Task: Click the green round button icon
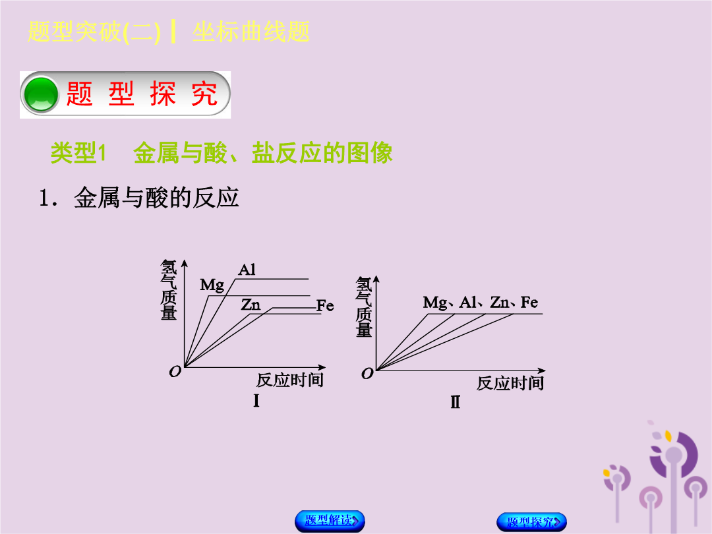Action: (x=41, y=94)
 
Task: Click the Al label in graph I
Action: (x=247, y=270)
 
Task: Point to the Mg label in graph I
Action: (x=212, y=285)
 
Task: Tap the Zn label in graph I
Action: (x=251, y=304)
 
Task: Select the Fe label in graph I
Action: (x=325, y=306)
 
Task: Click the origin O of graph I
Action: (x=175, y=372)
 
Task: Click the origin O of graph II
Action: (x=367, y=374)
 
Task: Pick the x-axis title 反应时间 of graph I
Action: (x=290, y=380)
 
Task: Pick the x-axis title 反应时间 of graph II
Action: (x=510, y=383)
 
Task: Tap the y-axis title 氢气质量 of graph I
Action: (x=169, y=289)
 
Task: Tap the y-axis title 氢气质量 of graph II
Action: (x=364, y=307)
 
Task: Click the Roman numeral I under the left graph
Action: (x=256, y=401)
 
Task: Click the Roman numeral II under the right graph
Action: (x=456, y=402)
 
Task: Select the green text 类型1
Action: (x=78, y=152)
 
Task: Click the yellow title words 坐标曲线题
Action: (x=251, y=32)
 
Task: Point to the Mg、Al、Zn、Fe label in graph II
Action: (x=481, y=303)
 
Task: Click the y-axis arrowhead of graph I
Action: (x=185, y=263)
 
